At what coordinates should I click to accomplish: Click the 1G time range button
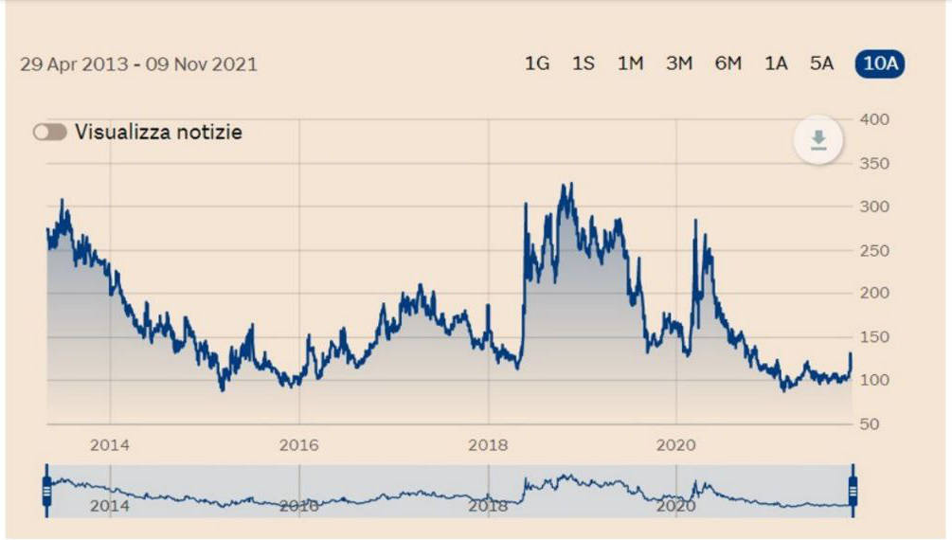tap(537, 63)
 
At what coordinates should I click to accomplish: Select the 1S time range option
tap(584, 63)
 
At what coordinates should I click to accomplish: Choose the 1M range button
tap(630, 63)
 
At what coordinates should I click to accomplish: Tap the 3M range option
tap(679, 63)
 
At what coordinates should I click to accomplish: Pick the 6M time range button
tap(727, 63)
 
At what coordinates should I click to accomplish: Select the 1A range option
tap(776, 63)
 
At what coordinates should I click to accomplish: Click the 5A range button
tap(821, 63)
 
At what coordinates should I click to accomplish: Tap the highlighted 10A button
tap(880, 63)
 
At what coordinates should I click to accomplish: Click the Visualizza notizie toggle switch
tap(50, 132)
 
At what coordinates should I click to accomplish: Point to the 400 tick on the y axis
tap(874, 119)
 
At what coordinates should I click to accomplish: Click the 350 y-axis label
tap(874, 163)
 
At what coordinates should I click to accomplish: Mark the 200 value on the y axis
tap(874, 293)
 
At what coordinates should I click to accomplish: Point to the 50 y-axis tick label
tap(870, 424)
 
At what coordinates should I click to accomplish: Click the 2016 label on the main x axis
tap(298, 445)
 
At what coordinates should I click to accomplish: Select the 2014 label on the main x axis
tap(109, 445)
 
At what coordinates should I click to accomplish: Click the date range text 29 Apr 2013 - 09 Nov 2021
tap(138, 63)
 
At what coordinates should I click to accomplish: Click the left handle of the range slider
tap(46, 491)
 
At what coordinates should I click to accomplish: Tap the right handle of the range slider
tap(853, 491)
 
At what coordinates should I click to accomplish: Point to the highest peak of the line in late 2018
tap(570, 184)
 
